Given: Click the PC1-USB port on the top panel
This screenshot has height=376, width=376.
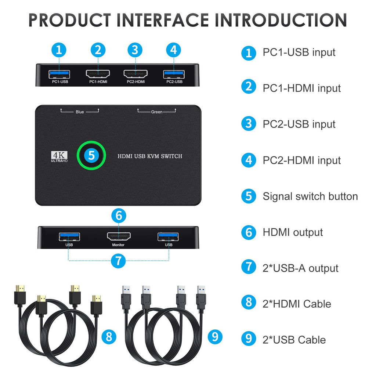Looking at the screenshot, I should pos(59,74).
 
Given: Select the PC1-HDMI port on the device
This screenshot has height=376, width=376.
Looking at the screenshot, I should pos(98,73).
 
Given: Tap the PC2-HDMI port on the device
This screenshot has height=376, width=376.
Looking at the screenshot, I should pos(135,73).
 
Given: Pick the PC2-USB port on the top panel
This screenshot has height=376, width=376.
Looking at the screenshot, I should pos(174,74).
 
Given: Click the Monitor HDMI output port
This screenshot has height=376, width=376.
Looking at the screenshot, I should pos(118,236).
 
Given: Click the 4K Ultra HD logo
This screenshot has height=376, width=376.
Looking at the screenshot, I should pos(59,157).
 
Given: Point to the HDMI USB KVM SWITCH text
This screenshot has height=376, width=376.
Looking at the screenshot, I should pos(150,156).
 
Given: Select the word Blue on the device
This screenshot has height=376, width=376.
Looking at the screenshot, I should pos(80,112).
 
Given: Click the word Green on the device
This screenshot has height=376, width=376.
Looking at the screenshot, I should pos(157,112).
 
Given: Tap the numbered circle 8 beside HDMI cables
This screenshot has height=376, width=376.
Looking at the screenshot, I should pos(109,336).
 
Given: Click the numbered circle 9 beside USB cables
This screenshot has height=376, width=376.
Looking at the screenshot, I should pos(215,336).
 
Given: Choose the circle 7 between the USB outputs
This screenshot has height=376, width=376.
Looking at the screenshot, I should pos(118,261).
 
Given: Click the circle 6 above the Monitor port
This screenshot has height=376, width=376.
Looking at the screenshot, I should pos(118,216).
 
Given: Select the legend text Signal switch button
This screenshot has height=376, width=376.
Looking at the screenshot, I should pos(310,196).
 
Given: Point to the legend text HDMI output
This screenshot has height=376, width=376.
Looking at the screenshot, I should pos(293,232).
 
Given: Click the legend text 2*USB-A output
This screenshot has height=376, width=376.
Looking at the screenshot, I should pos(300,268).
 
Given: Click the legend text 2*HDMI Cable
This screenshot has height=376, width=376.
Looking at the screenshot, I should pos(297,304).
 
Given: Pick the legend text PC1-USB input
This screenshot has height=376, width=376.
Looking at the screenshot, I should pos(299,53).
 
